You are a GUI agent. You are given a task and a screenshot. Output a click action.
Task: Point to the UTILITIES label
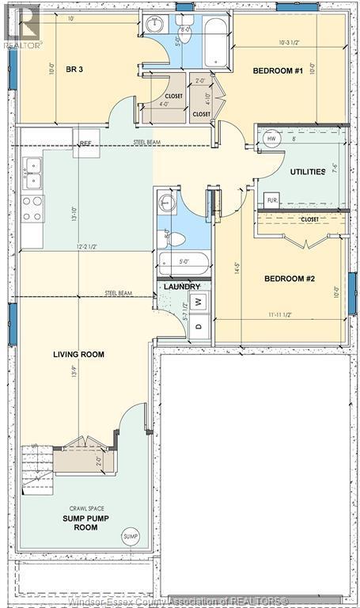pos(308,171)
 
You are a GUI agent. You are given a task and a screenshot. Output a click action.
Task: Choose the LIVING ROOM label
pos(79,354)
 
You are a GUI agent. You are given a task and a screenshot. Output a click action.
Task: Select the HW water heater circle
pos(272,139)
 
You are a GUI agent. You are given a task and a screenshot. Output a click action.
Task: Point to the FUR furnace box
pos(271,199)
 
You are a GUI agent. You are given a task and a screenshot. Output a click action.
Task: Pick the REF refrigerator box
pos(85,143)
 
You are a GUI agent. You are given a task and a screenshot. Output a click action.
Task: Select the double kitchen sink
pos(33,174)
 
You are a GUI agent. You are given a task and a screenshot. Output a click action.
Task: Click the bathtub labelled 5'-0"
pos(183,262)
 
